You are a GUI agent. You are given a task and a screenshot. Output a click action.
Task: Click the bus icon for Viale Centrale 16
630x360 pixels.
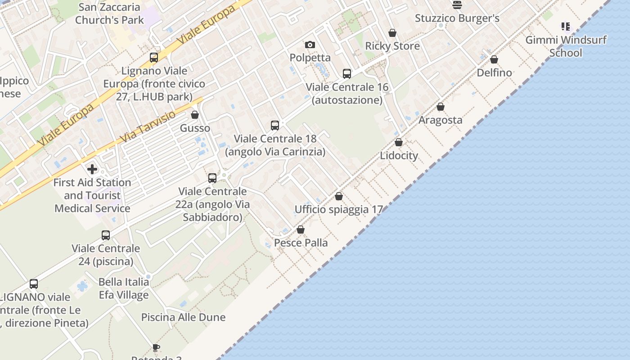(x=346, y=73)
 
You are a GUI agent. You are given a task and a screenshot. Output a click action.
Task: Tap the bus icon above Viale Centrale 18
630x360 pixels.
(x=275, y=125)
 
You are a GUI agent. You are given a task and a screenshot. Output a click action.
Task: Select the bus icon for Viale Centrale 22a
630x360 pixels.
(x=212, y=178)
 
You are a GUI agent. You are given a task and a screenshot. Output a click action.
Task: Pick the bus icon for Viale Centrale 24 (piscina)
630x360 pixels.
(x=106, y=235)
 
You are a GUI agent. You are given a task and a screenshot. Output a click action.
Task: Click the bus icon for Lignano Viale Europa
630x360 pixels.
(x=154, y=57)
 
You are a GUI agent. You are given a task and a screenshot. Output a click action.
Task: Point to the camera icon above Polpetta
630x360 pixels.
(x=310, y=45)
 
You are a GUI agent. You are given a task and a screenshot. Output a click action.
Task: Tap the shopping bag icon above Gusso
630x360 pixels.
(x=195, y=115)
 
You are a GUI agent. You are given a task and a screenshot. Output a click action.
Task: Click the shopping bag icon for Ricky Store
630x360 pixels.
(x=392, y=33)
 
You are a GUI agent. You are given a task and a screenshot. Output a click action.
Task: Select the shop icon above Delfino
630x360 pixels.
(x=494, y=59)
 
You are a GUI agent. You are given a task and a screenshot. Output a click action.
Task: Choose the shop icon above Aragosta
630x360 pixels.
(x=441, y=107)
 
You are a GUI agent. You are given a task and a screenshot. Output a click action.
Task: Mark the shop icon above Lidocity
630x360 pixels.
(x=399, y=142)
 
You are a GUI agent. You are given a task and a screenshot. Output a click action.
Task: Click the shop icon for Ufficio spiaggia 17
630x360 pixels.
(x=339, y=196)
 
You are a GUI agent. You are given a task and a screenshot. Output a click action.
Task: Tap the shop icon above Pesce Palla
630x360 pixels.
(x=301, y=229)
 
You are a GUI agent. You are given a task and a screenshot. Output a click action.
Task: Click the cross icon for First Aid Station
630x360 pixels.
(x=92, y=169)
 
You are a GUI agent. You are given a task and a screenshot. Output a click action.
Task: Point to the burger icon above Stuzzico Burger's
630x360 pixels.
(x=457, y=5)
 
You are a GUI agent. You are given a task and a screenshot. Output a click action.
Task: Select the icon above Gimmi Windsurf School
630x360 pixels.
(x=566, y=27)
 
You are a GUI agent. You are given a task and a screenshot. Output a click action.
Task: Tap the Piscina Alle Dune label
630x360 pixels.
(x=183, y=317)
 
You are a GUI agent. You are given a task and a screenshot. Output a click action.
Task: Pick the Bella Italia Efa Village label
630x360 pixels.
(x=124, y=288)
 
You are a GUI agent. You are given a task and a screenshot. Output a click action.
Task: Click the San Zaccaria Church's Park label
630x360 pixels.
(x=109, y=13)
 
